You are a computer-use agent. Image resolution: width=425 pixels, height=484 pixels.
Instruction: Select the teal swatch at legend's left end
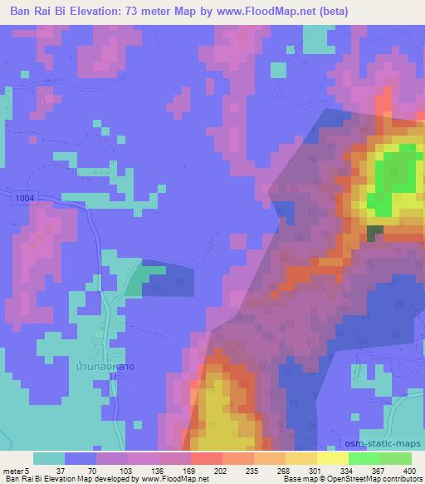(x=49, y=458)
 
